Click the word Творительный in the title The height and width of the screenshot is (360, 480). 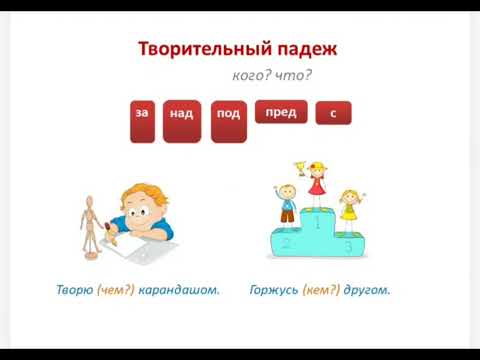pos(203,48)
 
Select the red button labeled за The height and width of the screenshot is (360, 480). pos(142,120)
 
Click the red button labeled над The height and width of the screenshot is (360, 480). pos(182,120)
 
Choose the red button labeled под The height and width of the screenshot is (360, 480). pos(228,120)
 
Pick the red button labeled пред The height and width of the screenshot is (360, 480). pos(281,112)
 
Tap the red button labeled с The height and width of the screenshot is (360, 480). pos(333,114)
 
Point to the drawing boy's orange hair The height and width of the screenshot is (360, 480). pos(139,194)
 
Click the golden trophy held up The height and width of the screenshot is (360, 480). pos(299,168)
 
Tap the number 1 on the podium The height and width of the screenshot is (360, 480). pos(317,225)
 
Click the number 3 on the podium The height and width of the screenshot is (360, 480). pos(347,244)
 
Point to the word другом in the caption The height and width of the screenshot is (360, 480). pos(366,291)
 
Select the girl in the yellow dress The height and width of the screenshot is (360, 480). pos(348,208)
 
